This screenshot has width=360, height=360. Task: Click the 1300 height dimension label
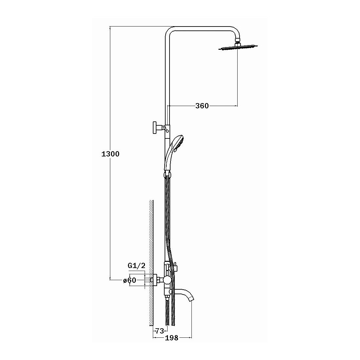click(110, 154)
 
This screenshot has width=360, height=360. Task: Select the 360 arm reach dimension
click(202, 106)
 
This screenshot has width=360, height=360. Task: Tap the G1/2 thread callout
click(136, 266)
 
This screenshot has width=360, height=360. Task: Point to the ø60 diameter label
click(130, 280)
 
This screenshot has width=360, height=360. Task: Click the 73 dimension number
click(160, 331)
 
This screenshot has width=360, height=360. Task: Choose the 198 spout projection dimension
click(171, 338)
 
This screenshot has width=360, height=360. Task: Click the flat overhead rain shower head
click(238, 47)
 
